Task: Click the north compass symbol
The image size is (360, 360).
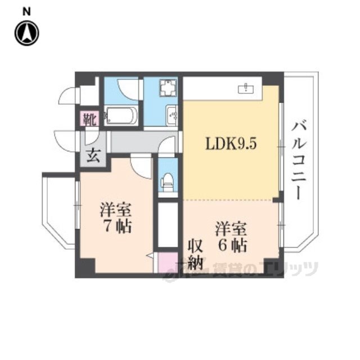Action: [26, 33]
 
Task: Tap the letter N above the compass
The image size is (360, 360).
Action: [26, 12]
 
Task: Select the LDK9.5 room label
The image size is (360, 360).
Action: [231, 144]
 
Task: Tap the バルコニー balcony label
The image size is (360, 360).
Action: [299, 161]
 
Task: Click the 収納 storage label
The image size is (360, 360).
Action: [195, 255]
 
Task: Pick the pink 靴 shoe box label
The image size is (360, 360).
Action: [89, 119]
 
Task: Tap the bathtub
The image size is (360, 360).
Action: [121, 116]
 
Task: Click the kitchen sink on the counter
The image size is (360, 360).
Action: [246, 88]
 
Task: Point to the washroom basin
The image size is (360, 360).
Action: [172, 115]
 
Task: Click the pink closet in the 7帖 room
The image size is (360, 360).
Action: [168, 263]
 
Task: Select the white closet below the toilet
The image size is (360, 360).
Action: [168, 224]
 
